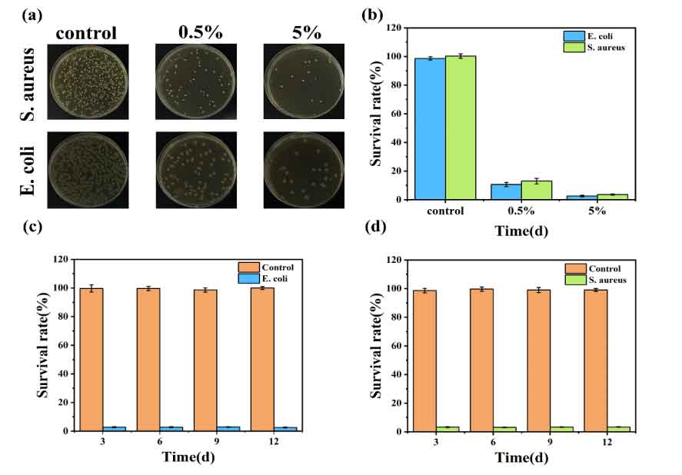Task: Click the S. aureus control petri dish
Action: [x=88, y=81]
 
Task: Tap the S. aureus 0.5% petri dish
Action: [x=195, y=81]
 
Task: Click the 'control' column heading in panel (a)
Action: [x=86, y=33]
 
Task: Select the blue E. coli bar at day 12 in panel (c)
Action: [x=285, y=428]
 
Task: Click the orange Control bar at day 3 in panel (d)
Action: [x=424, y=360]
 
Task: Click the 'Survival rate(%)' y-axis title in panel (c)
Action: [x=42, y=346]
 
